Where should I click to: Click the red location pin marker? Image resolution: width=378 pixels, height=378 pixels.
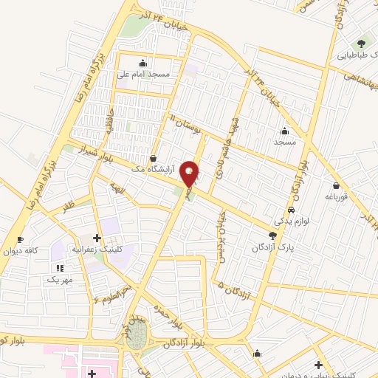(x=190, y=173)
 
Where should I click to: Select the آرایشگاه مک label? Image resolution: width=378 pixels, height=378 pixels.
(x=155, y=169)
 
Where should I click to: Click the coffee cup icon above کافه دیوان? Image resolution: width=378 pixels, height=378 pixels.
(x=20, y=239)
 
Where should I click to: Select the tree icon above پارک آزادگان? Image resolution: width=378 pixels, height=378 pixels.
(x=273, y=236)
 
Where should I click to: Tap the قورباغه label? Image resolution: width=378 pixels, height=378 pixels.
(x=339, y=196)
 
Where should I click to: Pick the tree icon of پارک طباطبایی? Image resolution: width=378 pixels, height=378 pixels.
(x=362, y=43)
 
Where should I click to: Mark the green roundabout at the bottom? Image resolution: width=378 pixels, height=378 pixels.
(x=137, y=340)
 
